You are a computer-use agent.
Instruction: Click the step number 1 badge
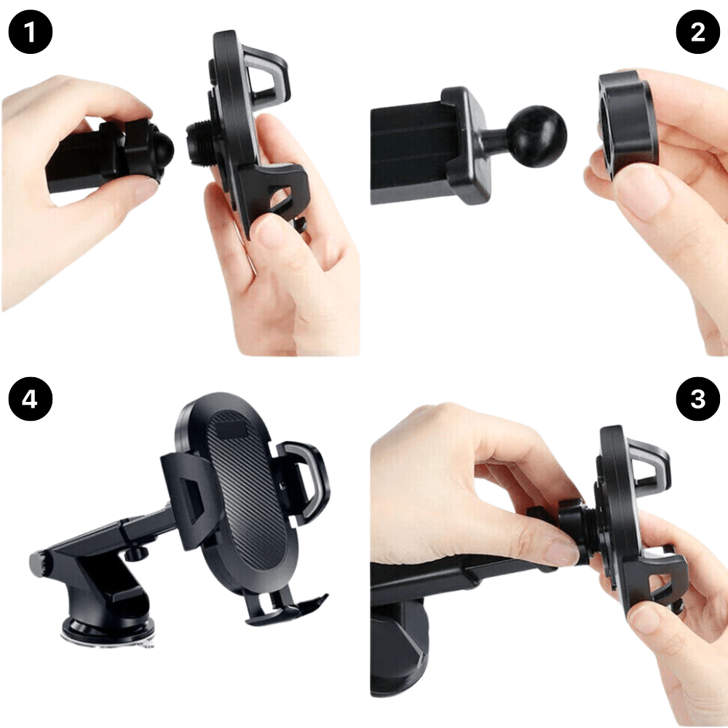point(30,32)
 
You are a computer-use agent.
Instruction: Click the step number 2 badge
point(697,32)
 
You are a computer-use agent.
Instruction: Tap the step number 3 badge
point(697,399)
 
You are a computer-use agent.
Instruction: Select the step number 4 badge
point(30,399)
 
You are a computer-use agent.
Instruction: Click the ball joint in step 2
point(536,136)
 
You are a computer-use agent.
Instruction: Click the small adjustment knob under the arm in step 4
point(135,553)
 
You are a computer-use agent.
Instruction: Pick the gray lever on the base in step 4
point(38,563)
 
